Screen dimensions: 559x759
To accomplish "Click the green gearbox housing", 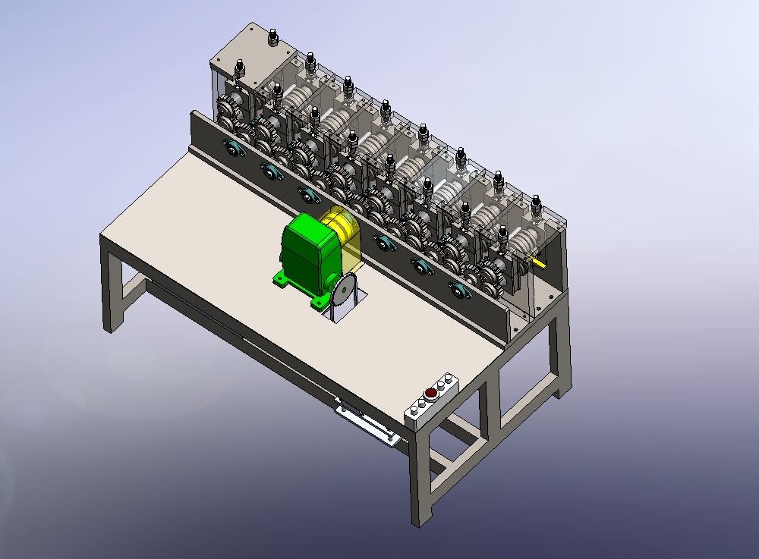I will (x=307, y=247).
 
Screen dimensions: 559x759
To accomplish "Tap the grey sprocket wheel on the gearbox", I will (x=343, y=291).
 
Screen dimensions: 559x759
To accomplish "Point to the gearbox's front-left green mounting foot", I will (x=282, y=281).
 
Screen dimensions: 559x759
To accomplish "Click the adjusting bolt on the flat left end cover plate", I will (x=272, y=36).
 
